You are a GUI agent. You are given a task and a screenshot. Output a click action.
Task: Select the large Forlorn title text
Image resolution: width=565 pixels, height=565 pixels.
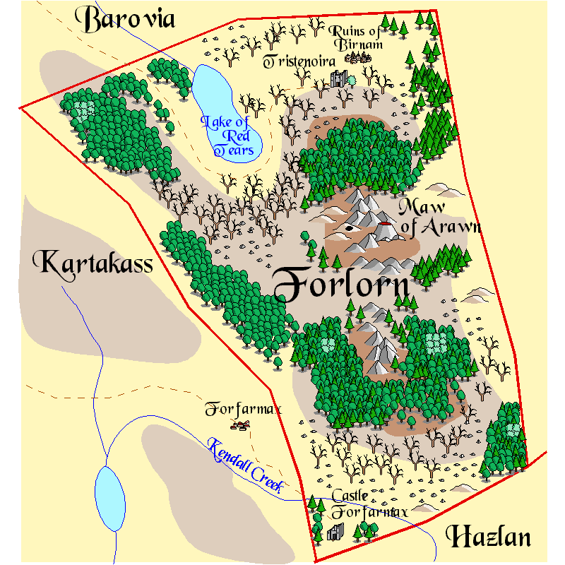point(340,286)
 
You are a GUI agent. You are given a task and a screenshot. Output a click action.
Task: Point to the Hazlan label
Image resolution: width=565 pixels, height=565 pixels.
point(488,537)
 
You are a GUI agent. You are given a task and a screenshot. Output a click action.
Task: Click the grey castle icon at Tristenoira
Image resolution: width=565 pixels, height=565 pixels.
point(338,78)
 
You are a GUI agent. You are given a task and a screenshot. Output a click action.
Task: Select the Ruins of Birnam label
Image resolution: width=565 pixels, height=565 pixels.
point(359,38)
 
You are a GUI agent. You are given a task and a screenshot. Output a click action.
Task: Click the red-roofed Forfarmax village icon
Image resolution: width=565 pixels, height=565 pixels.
point(242,425)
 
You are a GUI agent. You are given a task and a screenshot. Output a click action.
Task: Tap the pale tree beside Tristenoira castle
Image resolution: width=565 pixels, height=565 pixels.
point(352,80)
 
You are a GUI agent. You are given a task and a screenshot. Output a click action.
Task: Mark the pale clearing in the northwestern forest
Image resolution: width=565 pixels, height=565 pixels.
point(84,109)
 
